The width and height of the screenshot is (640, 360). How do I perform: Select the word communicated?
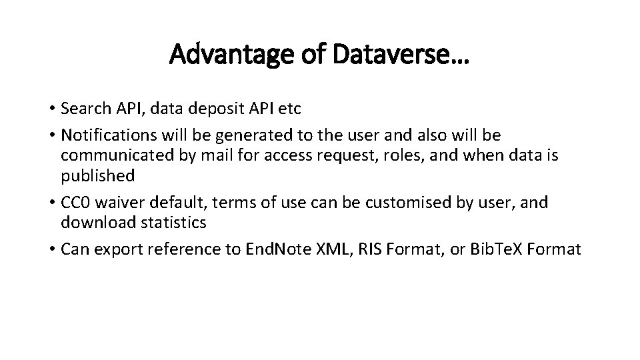(116, 156)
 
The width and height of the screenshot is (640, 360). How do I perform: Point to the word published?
(97, 176)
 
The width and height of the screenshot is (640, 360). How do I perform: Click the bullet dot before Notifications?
(51, 136)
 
